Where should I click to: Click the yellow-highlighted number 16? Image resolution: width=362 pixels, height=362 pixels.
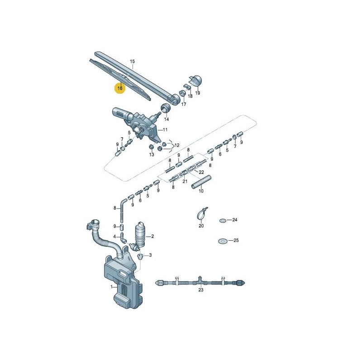(x=120, y=88)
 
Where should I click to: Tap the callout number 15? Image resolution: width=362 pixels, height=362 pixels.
(x=133, y=61)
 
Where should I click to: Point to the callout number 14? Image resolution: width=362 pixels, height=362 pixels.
(x=166, y=119)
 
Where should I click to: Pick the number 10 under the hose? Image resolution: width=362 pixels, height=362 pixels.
(x=201, y=191)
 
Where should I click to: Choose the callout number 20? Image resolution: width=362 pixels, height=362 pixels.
(x=201, y=225)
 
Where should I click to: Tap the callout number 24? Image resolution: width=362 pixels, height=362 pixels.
(x=235, y=220)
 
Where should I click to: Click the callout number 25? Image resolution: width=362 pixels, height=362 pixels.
(x=236, y=241)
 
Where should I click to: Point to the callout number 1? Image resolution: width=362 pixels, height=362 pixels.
(x=111, y=287)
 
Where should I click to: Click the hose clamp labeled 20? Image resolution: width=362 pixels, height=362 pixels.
(x=201, y=212)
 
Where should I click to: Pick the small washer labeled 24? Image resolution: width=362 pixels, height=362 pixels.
(x=223, y=220)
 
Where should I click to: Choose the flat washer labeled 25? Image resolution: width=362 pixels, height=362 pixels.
(x=222, y=241)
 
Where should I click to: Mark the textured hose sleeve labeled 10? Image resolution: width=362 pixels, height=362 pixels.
(x=200, y=182)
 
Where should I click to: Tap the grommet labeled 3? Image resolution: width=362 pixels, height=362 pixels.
(x=140, y=256)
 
